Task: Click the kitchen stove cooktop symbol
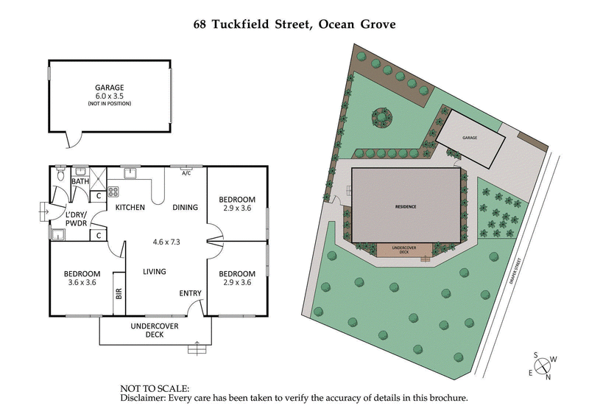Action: pyautogui.click(x=114, y=192)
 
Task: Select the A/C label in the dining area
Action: pyautogui.click(x=186, y=173)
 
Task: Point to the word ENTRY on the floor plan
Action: pyautogui.click(x=190, y=294)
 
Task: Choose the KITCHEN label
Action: pyautogui.click(x=130, y=208)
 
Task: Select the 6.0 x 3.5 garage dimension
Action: pyautogui.click(x=108, y=96)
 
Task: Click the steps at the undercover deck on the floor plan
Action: pyautogui.click(x=196, y=348)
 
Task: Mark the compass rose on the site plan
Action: pyautogui.click(x=543, y=366)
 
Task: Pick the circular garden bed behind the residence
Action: pyautogui.click(x=381, y=116)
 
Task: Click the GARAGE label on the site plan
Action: pyautogui.click(x=470, y=138)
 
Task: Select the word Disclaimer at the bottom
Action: pyautogui.click(x=142, y=398)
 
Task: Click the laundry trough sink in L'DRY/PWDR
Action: pyautogui.click(x=57, y=234)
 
